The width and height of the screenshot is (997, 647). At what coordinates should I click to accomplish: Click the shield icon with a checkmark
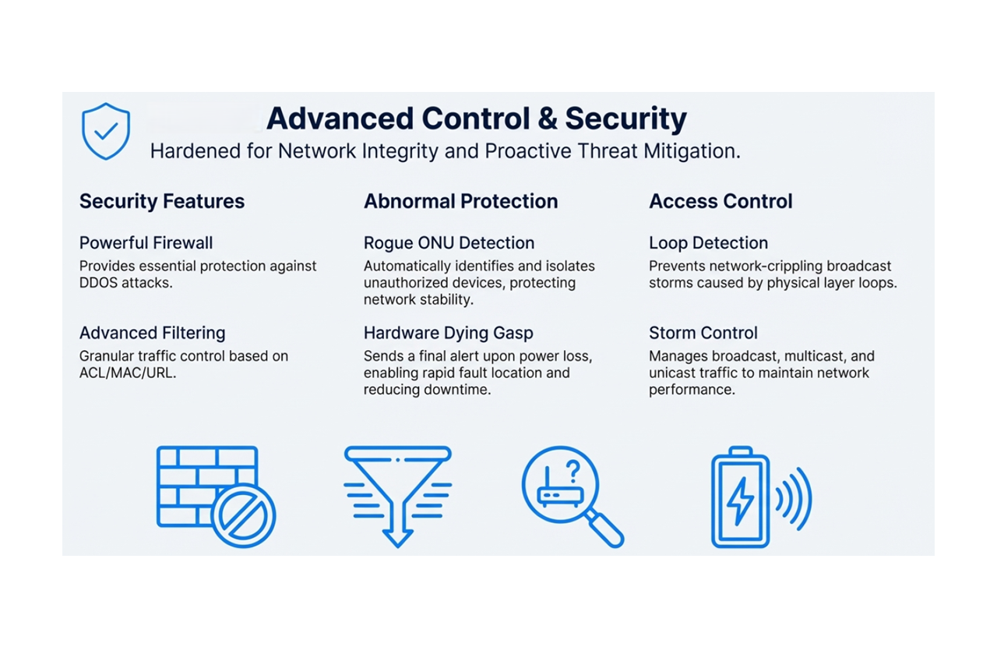point(106,131)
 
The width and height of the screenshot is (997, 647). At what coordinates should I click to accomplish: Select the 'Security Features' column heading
point(162,201)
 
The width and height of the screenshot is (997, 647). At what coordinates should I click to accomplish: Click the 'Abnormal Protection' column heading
point(460,201)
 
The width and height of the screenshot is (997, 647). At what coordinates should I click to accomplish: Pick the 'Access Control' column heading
point(720,201)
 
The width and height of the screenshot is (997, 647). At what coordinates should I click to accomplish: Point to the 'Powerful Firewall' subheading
point(146,243)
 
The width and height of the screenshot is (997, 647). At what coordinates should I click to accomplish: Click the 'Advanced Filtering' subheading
point(152,333)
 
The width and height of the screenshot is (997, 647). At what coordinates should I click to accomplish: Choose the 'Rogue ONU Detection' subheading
point(449,243)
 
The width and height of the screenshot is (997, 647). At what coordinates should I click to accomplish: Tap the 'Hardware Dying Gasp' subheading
point(448,333)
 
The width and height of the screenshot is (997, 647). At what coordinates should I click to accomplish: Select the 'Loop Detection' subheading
point(709,243)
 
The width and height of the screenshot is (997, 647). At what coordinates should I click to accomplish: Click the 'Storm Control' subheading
point(703,333)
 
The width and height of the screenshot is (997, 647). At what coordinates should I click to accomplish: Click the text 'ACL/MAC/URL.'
point(128,373)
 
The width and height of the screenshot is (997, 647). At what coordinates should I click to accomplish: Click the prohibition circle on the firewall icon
point(243,516)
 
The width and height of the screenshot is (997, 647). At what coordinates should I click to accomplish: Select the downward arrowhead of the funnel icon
point(397,539)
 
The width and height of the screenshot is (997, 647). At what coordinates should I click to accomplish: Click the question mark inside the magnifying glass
point(574,472)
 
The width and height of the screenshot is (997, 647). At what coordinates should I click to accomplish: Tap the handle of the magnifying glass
point(605,529)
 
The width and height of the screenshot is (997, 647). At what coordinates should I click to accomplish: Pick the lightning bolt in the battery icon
point(740,501)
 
